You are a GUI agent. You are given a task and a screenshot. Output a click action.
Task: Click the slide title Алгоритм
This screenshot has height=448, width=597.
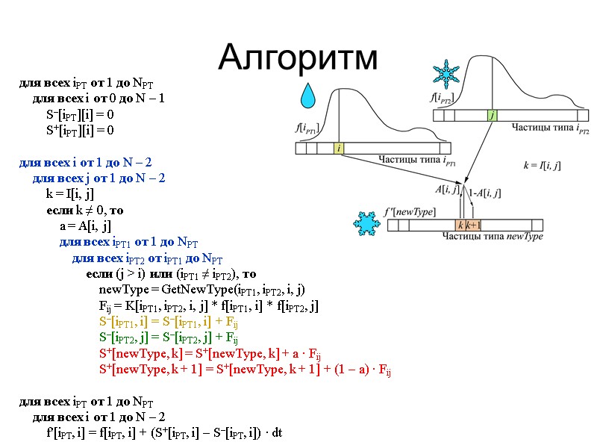pos(298,56)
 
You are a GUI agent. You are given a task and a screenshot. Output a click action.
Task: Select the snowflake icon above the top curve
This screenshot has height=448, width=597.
pos(447,76)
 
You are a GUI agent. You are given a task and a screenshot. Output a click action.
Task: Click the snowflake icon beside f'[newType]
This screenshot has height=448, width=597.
pos(366,224)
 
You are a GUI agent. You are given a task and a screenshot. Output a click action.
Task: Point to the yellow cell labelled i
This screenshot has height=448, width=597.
pos(340,149)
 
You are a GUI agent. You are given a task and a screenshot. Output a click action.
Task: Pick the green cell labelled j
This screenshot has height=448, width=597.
pos(492,115)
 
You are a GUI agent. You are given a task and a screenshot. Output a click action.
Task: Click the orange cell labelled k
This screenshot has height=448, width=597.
pos(461,225)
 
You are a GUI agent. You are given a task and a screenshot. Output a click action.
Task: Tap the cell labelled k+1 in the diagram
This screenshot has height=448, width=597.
pos(474,225)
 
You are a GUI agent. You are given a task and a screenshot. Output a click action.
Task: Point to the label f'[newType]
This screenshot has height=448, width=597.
pos(410,212)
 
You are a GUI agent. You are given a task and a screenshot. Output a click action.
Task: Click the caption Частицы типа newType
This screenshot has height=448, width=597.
pos(493,237)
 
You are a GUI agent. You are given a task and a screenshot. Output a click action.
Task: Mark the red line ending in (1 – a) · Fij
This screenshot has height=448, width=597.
pos(246,370)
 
